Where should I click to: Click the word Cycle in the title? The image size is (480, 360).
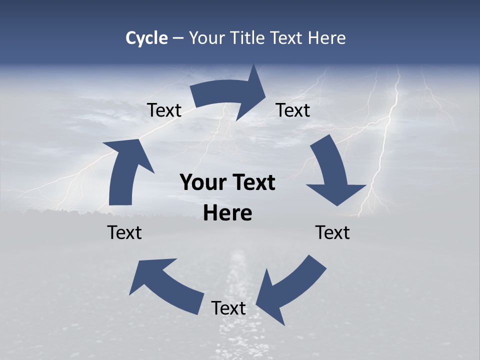[146, 38]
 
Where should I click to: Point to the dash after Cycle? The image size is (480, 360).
[178, 38]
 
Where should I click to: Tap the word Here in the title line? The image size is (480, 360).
[326, 38]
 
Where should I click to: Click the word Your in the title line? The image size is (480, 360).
[207, 38]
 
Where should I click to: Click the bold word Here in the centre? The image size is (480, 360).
[227, 213]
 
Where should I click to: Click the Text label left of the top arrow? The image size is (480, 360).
[164, 110]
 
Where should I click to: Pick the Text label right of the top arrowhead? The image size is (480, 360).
[293, 110]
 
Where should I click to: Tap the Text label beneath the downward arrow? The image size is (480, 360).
[332, 232]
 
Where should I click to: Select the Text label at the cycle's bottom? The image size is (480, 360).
[228, 308]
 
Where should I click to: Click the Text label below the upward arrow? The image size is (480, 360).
[124, 232]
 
